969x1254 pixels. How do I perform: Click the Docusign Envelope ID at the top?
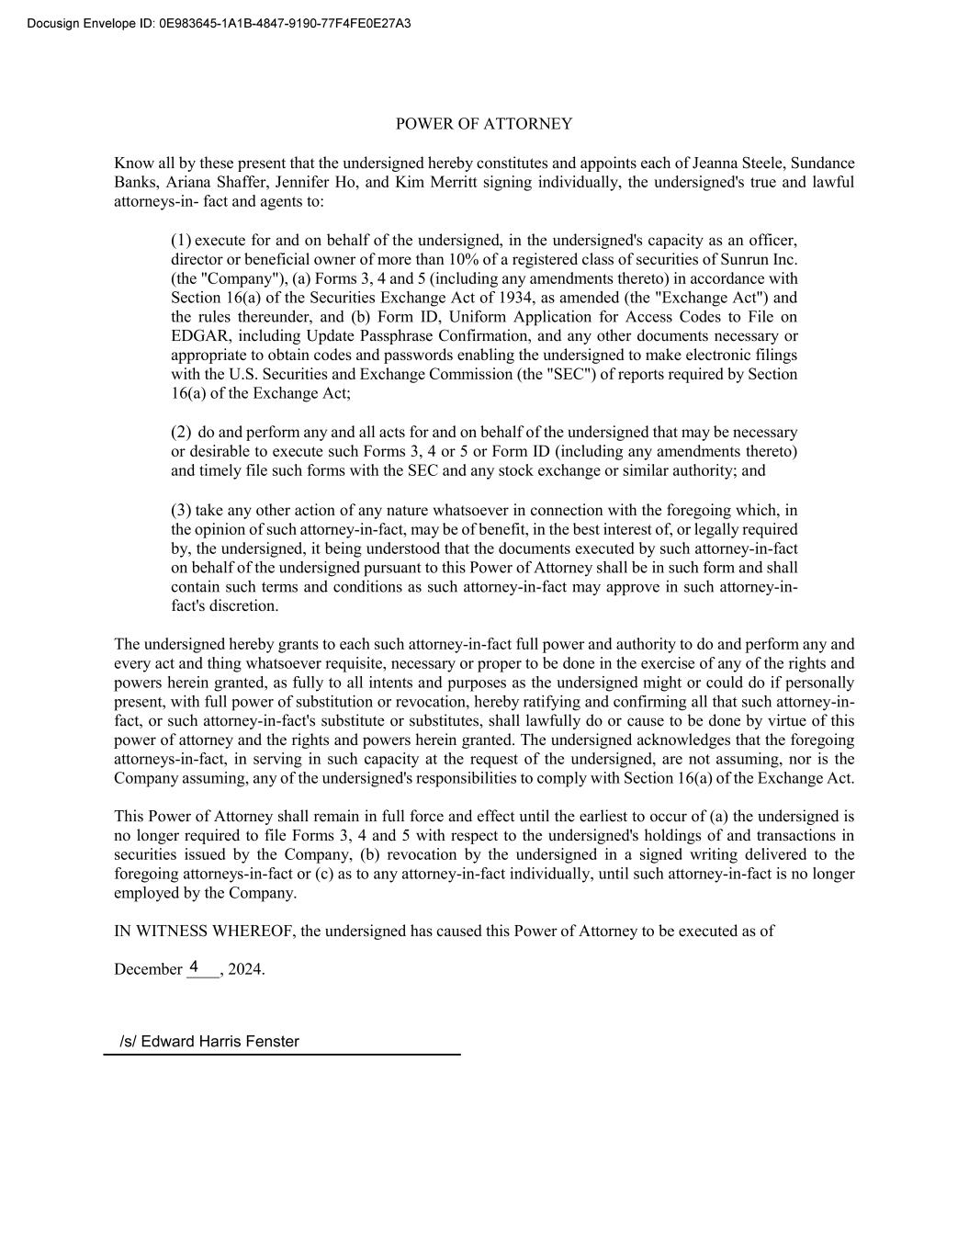219,23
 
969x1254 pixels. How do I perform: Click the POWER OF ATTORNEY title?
483,124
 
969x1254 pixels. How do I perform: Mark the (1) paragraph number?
181,240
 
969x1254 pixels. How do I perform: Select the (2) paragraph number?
181,432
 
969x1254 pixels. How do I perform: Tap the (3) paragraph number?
181,510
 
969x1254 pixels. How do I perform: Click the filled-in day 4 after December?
194,966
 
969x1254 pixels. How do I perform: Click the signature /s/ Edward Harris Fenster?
209,1042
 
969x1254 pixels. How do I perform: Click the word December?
148,969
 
